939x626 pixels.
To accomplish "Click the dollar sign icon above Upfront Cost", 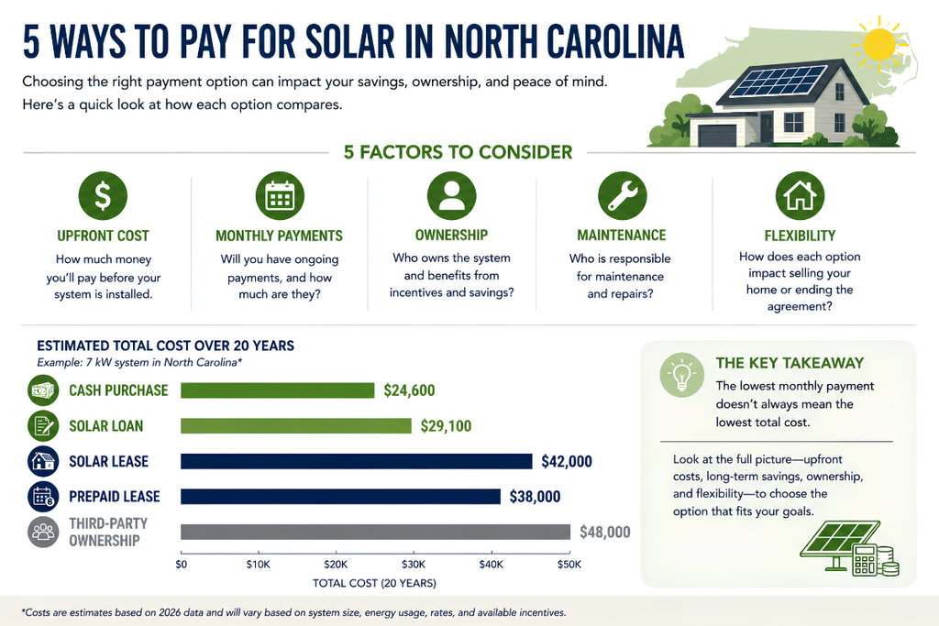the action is pos(103,196).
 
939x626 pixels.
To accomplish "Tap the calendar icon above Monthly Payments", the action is pos(280,196).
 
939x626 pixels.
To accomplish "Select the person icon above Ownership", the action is pos(451,196).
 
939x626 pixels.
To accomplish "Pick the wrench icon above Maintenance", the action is pos(623,196).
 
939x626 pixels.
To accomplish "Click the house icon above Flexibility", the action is pos(800,196).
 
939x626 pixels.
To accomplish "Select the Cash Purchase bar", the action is pos(277,390).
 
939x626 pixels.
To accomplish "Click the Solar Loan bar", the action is pos(296,425).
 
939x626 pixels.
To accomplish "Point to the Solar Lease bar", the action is pos(357,461).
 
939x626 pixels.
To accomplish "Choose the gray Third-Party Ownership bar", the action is pos(375,532).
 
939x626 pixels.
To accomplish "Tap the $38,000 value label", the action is pos(535,497).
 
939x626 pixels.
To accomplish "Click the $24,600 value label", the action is pos(409,390).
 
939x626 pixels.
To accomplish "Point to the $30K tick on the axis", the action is pos(414,555).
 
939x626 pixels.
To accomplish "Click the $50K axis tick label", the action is pos(569,565).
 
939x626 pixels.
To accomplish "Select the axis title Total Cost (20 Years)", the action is pos(374,583).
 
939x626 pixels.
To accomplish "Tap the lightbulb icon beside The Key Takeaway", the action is pos(681,375).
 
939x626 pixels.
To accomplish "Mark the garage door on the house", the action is pos(717,136).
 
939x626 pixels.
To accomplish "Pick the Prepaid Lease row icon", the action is pos(43,496).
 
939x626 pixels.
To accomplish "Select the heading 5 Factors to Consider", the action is pos(458,152).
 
